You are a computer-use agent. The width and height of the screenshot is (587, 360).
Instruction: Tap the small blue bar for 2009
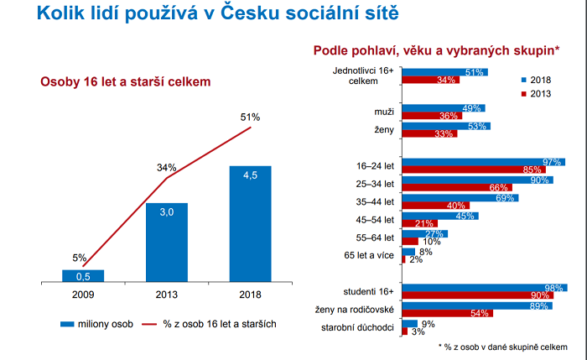pos(82,274)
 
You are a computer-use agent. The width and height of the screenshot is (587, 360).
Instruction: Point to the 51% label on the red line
pos(250,117)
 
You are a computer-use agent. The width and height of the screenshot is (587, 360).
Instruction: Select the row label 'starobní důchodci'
pos(359,326)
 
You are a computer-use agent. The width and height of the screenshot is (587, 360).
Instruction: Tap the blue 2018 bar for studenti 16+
pos(485,289)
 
